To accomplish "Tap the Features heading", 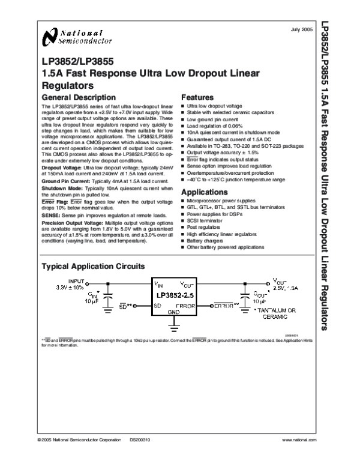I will point(197,98).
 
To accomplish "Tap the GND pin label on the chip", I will point(174,312).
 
